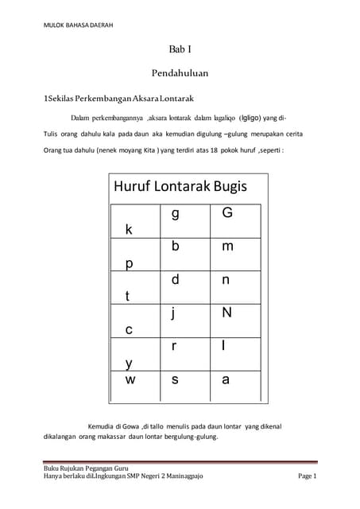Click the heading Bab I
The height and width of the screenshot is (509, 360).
(x=180, y=49)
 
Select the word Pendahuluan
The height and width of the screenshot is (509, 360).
(x=180, y=73)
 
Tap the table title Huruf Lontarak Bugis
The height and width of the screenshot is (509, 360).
(x=180, y=187)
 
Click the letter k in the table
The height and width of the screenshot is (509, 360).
(x=129, y=230)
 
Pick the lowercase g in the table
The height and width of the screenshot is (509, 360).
(x=175, y=214)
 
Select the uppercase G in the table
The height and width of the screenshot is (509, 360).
(x=227, y=213)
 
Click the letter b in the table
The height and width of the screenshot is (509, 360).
(x=175, y=247)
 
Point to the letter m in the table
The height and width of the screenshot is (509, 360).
(x=228, y=247)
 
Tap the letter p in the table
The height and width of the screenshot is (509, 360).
(x=129, y=263)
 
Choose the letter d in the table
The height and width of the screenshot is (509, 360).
(x=175, y=280)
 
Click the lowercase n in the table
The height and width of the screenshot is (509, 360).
(x=226, y=281)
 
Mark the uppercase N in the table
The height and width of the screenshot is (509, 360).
(x=227, y=313)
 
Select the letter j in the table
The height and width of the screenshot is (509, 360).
(x=173, y=313)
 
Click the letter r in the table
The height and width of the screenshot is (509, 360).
(x=173, y=347)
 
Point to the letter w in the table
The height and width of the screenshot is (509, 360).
(x=130, y=380)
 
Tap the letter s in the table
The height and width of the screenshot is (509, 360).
(x=175, y=380)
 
